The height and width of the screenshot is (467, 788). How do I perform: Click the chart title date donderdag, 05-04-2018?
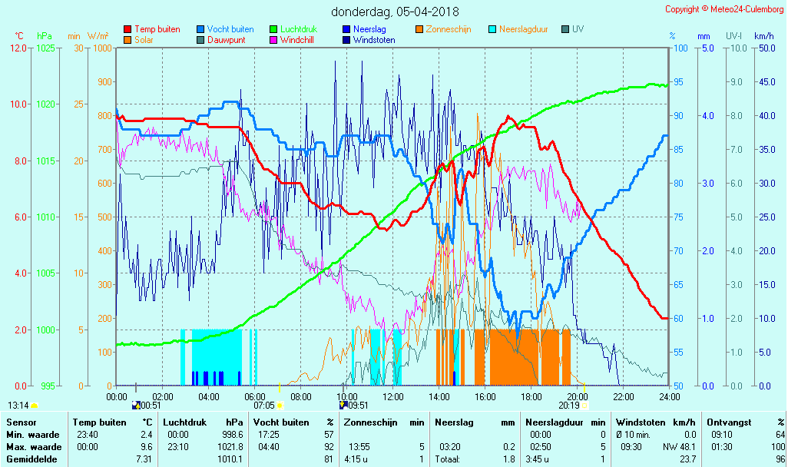[x=395, y=12]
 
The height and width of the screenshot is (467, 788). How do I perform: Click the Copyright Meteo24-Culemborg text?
[x=724, y=9]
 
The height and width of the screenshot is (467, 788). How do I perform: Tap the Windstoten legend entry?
[x=374, y=40]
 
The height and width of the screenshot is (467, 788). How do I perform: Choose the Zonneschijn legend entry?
[x=449, y=29]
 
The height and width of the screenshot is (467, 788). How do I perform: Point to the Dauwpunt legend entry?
[x=226, y=40]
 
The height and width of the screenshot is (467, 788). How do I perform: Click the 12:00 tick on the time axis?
[x=393, y=396]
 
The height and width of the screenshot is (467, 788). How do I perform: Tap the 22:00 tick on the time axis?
[x=623, y=396]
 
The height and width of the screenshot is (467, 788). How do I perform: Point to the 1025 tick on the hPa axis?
[x=45, y=48]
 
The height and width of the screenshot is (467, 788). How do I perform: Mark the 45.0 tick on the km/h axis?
[x=764, y=82]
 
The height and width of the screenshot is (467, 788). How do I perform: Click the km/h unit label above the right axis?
[x=763, y=36]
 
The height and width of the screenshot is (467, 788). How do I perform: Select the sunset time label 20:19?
[x=569, y=405]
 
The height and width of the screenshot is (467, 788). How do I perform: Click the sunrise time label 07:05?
[x=264, y=405]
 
